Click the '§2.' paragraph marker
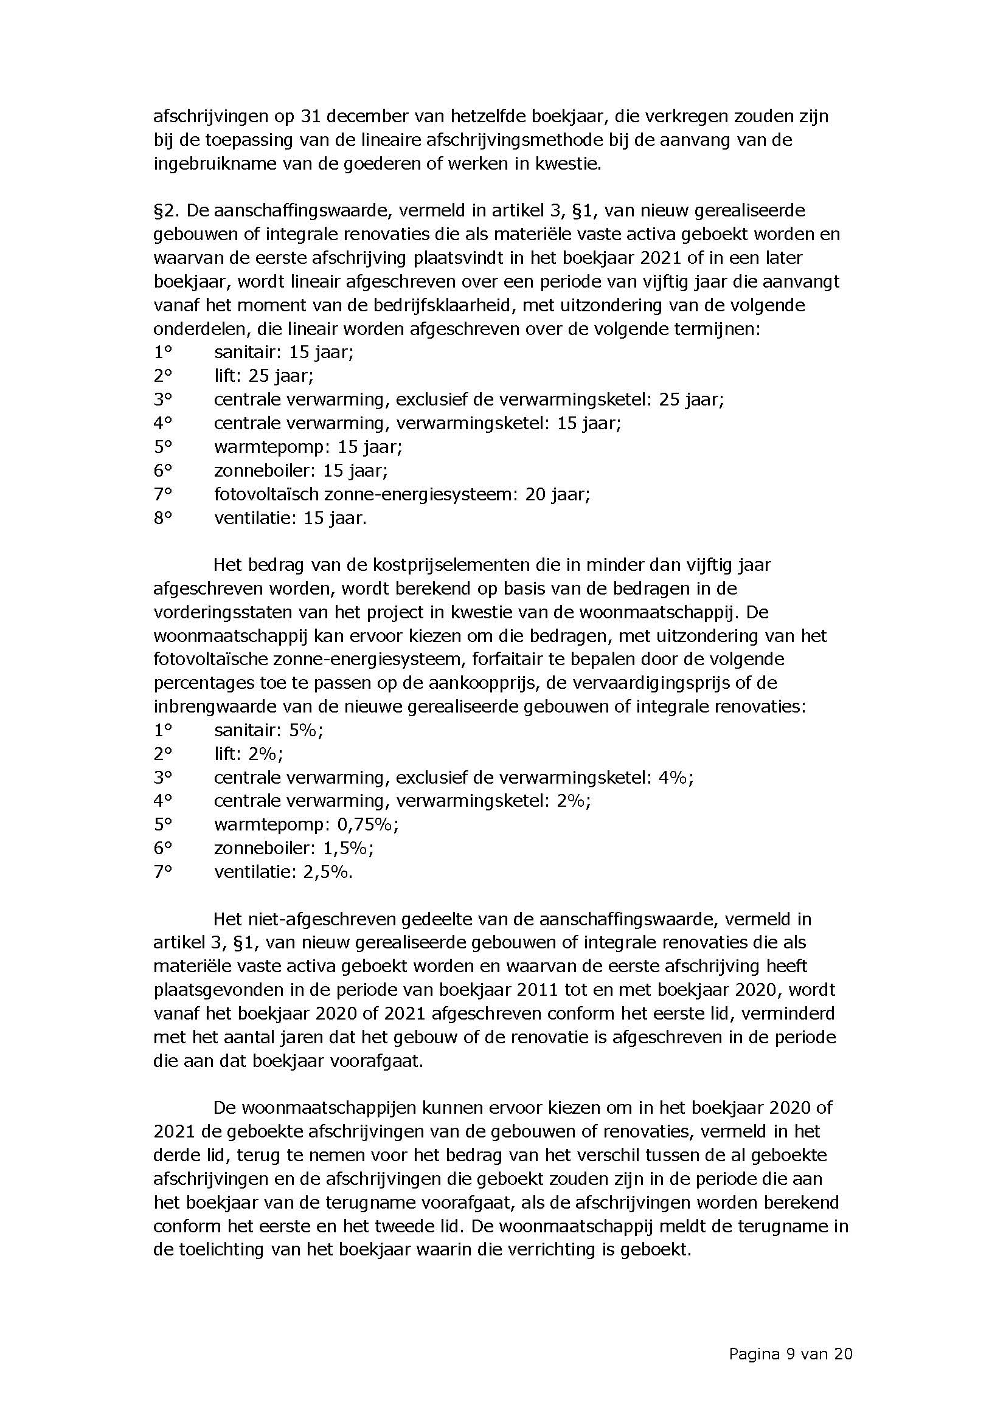point(166,210)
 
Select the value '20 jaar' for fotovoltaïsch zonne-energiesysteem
point(557,494)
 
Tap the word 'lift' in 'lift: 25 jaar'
point(226,376)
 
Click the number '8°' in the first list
point(162,518)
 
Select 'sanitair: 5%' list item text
point(268,730)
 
